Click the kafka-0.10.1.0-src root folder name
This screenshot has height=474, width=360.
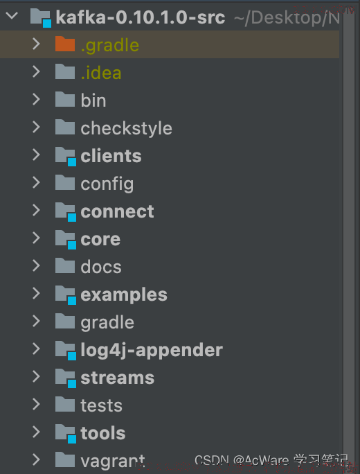click(x=141, y=17)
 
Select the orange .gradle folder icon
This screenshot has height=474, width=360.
click(x=65, y=44)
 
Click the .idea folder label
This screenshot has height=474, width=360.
click(x=101, y=73)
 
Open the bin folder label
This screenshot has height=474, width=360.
click(x=93, y=100)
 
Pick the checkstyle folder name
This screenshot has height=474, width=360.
click(x=126, y=128)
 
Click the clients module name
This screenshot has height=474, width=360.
click(x=111, y=156)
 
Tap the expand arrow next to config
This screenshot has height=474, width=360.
click(x=36, y=182)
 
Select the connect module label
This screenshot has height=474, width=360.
click(x=117, y=211)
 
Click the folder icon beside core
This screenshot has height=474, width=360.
click(x=66, y=240)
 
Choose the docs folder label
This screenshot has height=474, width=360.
click(x=101, y=267)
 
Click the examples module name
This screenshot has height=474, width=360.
click(x=124, y=295)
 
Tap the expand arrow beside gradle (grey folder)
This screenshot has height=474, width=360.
click(x=36, y=321)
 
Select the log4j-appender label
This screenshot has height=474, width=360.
click(x=152, y=351)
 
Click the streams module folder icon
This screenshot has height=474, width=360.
click(x=66, y=378)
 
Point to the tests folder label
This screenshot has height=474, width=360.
click(x=101, y=405)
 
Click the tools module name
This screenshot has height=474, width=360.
click(x=102, y=433)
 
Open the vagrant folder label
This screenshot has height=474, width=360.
click(x=112, y=462)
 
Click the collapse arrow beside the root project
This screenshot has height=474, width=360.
click(x=12, y=15)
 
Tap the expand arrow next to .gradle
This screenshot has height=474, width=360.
click(x=36, y=44)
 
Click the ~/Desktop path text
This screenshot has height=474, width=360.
click(x=287, y=18)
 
